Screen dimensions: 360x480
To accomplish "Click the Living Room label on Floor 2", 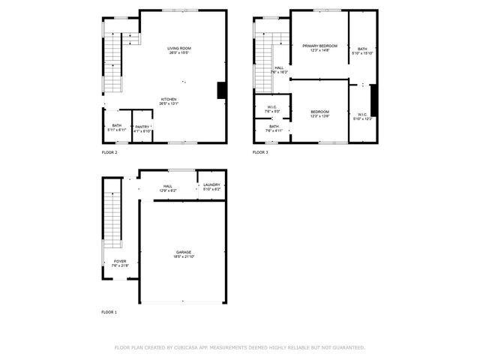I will tap(178, 48).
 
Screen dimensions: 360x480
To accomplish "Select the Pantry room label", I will tap(142, 127).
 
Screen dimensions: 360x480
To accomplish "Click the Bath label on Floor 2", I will tap(117, 125).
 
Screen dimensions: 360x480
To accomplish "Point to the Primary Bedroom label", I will tap(319, 46).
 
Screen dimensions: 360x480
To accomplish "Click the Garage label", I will tap(184, 252).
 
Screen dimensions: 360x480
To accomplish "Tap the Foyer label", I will tap(120, 261).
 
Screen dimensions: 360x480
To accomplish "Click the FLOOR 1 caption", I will tap(109, 311).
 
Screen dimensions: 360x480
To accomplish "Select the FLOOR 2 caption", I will tap(109, 152).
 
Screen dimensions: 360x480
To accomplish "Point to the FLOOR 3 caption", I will tap(260, 152).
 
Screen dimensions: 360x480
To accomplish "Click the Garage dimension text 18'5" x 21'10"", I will tap(184, 256).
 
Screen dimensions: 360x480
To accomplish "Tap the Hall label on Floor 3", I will tap(279, 68).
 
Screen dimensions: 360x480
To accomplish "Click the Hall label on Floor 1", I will tap(167, 186).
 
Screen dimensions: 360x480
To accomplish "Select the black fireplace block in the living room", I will tap(221, 90).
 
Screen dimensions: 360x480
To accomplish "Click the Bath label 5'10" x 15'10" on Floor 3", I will tap(362, 50).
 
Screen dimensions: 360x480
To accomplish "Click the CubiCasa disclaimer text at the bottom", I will tap(240, 347).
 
